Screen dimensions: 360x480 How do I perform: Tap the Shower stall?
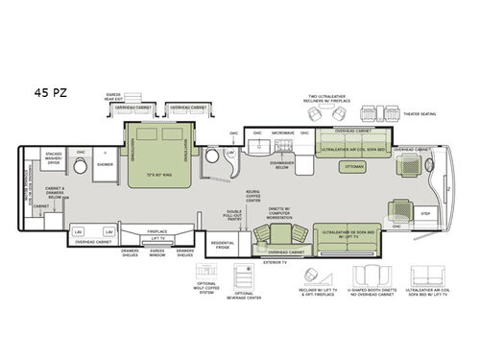104,164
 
